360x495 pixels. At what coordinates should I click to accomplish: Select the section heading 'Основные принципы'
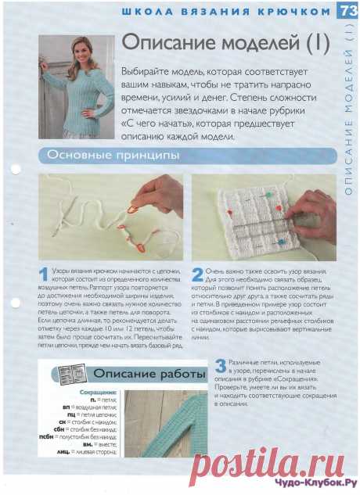(x=113, y=155)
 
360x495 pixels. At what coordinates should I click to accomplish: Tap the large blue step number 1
(x=44, y=274)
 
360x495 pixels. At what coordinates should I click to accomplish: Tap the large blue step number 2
(x=197, y=274)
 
